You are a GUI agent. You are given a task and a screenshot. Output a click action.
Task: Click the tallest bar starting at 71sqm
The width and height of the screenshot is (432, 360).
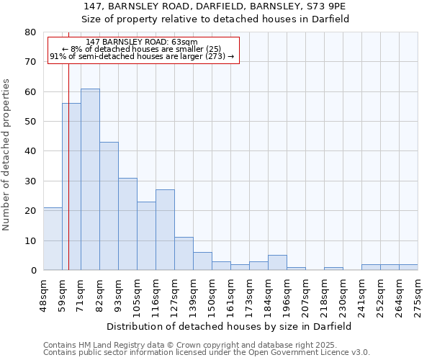pyautogui.click(x=90, y=179)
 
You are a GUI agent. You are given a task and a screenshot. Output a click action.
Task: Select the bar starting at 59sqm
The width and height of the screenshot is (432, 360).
pyautogui.click(x=71, y=186)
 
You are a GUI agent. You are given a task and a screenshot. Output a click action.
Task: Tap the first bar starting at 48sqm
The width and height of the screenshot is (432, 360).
pyautogui.click(x=53, y=238)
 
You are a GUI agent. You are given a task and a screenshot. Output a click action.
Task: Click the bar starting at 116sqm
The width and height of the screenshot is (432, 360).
pyautogui.click(x=165, y=230)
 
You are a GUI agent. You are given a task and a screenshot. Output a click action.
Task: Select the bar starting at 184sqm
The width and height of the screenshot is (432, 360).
pyautogui.click(x=277, y=263)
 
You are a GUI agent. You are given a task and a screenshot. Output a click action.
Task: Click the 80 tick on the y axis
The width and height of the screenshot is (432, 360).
pyautogui.click(x=30, y=32)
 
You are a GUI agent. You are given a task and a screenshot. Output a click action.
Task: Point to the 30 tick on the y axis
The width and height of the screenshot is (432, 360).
pyautogui.click(x=30, y=181)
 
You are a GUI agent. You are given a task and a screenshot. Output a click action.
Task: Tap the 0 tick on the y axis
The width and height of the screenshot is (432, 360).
pyautogui.click(x=33, y=271)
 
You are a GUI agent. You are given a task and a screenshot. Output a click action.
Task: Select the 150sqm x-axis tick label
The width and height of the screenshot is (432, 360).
pyautogui.click(x=212, y=295)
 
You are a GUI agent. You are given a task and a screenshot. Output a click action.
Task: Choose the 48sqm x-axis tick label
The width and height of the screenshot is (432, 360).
pyautogui.click(x=44, y=295)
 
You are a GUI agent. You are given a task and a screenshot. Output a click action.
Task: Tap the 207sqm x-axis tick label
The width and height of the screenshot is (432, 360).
pyautogui.click(x=305, y=295)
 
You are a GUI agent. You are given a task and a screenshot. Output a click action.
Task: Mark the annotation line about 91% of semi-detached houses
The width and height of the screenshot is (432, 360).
pyautogui.click(x=141, y=56)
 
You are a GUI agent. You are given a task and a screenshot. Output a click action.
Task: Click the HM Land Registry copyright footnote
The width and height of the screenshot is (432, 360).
pyautogui.click(x=190, y=346)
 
